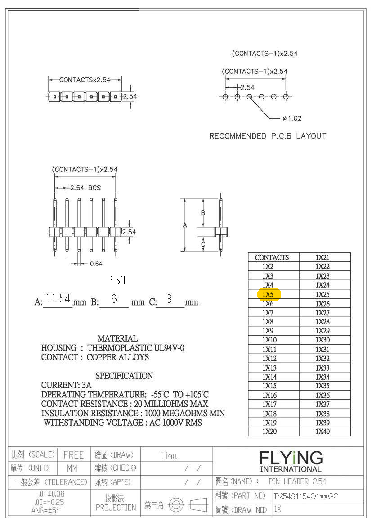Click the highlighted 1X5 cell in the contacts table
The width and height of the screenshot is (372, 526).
[x=269, y=294]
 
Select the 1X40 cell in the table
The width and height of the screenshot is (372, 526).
[x=322, y=432]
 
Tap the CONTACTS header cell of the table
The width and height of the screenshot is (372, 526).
[x=272, y=257]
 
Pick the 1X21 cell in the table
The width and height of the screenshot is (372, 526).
[x=322, y=257]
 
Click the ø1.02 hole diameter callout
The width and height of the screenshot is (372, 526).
[x=292, y=118]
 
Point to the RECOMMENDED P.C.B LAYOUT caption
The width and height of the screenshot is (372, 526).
[x=268, y=136]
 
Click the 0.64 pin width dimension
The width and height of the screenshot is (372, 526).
[x=95, y=264]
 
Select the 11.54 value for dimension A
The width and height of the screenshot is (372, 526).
[x=58, y=298]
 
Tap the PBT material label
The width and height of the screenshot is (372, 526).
[x=117, y=280]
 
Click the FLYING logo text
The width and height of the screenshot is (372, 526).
[x=291, y=458]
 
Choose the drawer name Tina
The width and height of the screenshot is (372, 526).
[x=169, y=455]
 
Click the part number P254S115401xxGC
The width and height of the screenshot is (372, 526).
[x=306, y=496]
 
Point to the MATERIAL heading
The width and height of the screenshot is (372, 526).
[x=117, y=338]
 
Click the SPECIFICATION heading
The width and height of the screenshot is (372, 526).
[x=124, y=376]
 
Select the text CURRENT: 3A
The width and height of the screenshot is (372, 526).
[x=66, y=385]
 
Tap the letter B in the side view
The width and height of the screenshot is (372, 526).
[x=203, y=212]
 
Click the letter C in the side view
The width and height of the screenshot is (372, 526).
[x=203, y=244]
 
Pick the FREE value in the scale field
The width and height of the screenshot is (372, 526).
[x=73, y=455]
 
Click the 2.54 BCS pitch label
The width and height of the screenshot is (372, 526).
[x=85, y=188]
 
